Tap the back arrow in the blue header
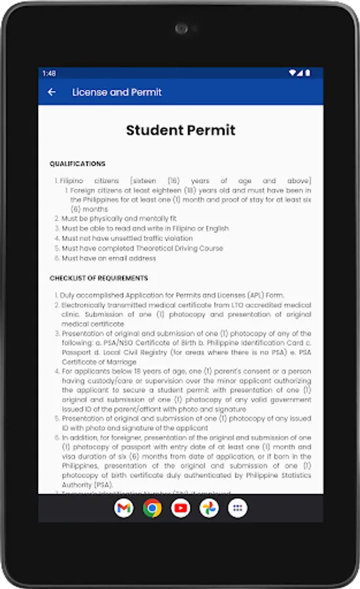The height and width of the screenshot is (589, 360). [x=52, y=92]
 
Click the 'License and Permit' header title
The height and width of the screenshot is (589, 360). [x=117, y=92]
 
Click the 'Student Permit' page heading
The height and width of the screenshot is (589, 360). [x=180, y=130]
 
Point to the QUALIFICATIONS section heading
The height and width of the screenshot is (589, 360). [x=77, y=164]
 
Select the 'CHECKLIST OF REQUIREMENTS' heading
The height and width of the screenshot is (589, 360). [x=99, y=278]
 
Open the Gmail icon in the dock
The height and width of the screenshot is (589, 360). [x=124, y=508]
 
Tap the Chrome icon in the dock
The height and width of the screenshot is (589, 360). [x=153, y=508]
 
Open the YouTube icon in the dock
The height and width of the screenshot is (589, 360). [x=181, y=508]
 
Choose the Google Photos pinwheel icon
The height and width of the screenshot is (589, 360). [x=209, y=508]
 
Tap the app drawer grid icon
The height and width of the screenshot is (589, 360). [x=238, y=508]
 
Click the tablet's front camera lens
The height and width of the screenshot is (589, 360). [x=181, y=29]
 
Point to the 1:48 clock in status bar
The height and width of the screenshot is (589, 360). [x=49, y=73]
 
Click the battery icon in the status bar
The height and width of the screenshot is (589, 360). [x=308, y=73]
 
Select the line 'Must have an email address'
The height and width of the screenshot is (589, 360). [x=109, y=259]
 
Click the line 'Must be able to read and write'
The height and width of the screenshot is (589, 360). [x=145, y=228]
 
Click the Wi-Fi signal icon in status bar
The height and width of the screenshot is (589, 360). [x=293, y=73]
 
